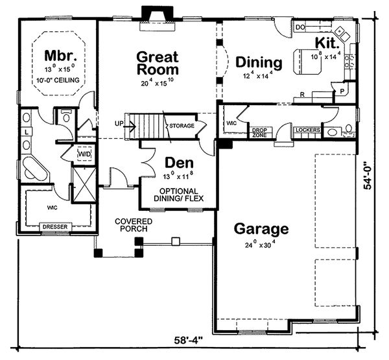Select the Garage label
coord(261,229)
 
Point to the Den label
coord(177,162)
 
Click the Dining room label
coord(259,63)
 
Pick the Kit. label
coord(326,42)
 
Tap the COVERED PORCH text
coord(134,225)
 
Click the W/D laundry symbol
coord(84,155)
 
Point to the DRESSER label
coord(56,227)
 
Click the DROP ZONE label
coord(259,131)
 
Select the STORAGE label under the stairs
coord(183,126)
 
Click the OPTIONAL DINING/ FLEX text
coord(177,195)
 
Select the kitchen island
coord(307,58)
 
